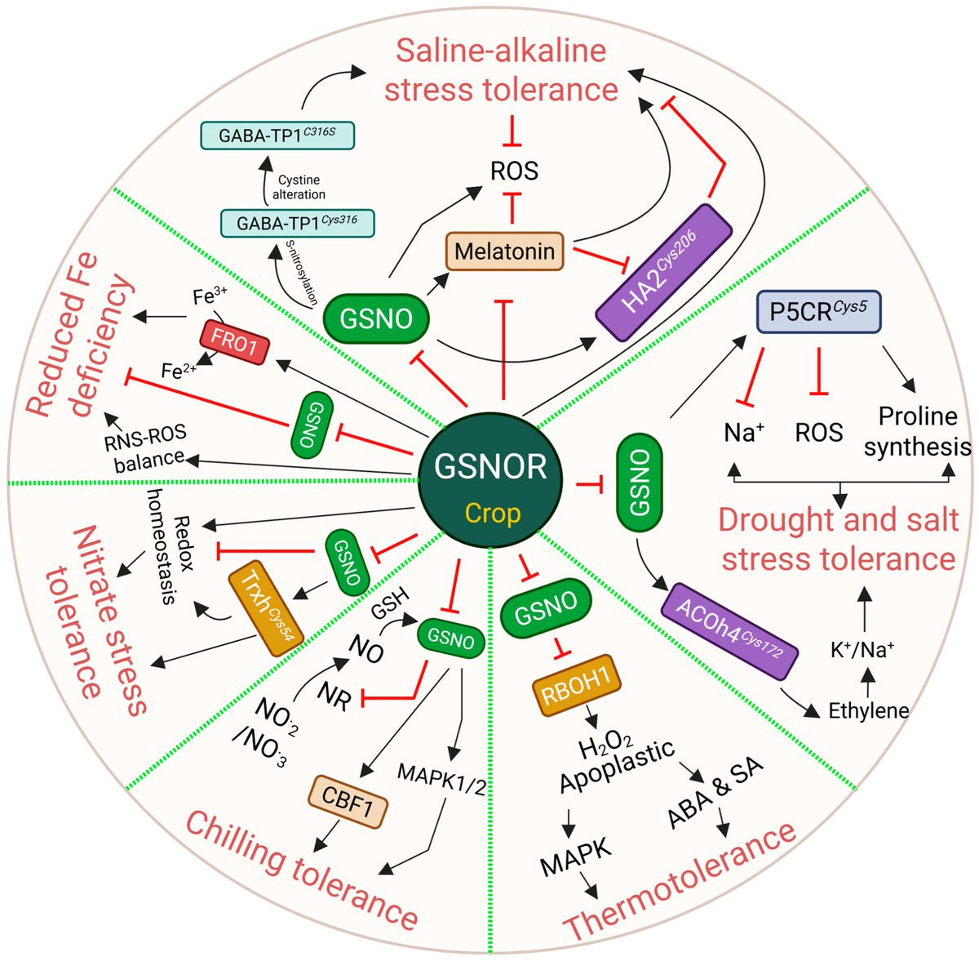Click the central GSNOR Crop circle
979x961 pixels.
tap(490, 479)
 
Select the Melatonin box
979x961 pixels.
tap(504, 251)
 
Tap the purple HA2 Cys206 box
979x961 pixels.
tap(664, 273)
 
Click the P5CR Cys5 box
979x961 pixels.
tap(818, 312)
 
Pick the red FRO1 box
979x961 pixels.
tap(234, 342)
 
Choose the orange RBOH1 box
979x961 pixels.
tap(577, 685)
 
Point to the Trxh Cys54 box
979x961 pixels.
tap(266, 608)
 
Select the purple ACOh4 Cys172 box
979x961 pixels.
tap(729, 631)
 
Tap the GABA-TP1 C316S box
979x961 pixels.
tap(277, 136)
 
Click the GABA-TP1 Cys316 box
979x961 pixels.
tap(297, 223)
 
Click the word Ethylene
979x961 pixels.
tap(869, 710)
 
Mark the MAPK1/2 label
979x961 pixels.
tap(441, 778)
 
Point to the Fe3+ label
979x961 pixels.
tap(210, 296)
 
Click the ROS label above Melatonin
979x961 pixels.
tap(514, 171)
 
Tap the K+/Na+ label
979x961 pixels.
tap(862, 649)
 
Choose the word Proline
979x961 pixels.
tap(918, 416)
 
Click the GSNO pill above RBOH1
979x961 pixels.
tap(546, 607)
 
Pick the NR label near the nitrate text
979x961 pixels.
tap(334, 696)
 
